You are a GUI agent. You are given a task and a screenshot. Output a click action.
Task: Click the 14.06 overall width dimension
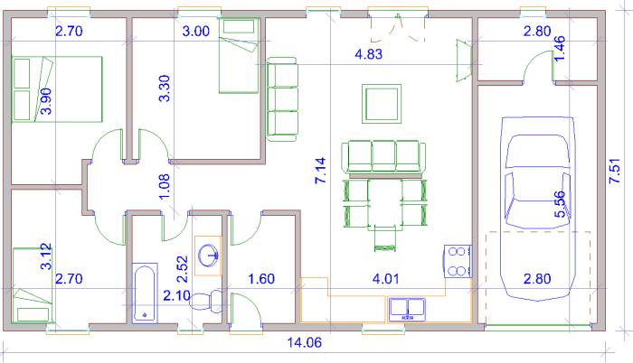click(305, 343)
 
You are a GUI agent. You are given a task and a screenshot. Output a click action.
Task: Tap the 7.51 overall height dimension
click(614, 171)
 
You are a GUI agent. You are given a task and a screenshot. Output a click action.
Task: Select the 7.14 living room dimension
click(320, 171)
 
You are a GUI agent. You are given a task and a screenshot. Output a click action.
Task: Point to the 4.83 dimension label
click(368, 53)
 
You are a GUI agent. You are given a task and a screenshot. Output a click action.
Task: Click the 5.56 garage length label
click(560, 204)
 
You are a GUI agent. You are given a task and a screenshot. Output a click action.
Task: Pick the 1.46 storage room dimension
click(559, 49)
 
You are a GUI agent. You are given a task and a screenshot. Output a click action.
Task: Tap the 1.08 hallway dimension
click(165, 187)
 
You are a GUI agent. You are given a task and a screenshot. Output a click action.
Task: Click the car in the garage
click(537, 208)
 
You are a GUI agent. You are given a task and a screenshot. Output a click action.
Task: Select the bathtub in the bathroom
click(145, 293)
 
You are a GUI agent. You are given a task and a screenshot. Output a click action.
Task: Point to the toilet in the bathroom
click(206, 301)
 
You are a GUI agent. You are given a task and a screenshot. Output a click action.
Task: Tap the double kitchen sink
click(407, 310)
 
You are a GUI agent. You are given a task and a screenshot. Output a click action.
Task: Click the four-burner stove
click(458, 261)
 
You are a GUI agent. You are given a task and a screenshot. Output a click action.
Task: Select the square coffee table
click(382, 104)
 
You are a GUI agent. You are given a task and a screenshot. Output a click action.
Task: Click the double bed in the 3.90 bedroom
click(57, 89)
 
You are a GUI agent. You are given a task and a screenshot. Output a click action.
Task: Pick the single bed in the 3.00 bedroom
click(238, 56)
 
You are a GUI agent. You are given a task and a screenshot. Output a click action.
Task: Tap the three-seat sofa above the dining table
click(383, 157)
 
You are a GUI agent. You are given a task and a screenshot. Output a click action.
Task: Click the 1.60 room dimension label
click(261, 279)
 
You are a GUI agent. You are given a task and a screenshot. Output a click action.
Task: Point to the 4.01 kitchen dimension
click(385, 279)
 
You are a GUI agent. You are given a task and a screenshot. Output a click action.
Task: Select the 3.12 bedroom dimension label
click(46, 256)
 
